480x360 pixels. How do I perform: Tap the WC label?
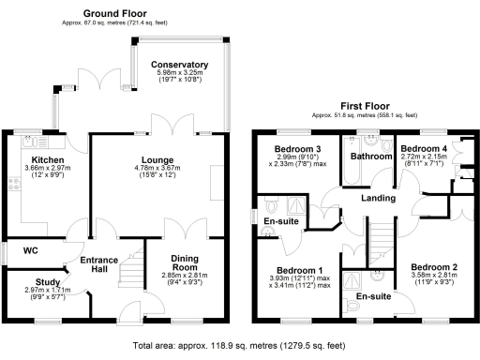click(x=29, y=251)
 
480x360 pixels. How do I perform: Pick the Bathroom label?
click(x=370, y=157)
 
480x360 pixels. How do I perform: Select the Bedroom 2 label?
click(x=438, y=268)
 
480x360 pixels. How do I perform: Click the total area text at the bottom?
click(x=240, y=346)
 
